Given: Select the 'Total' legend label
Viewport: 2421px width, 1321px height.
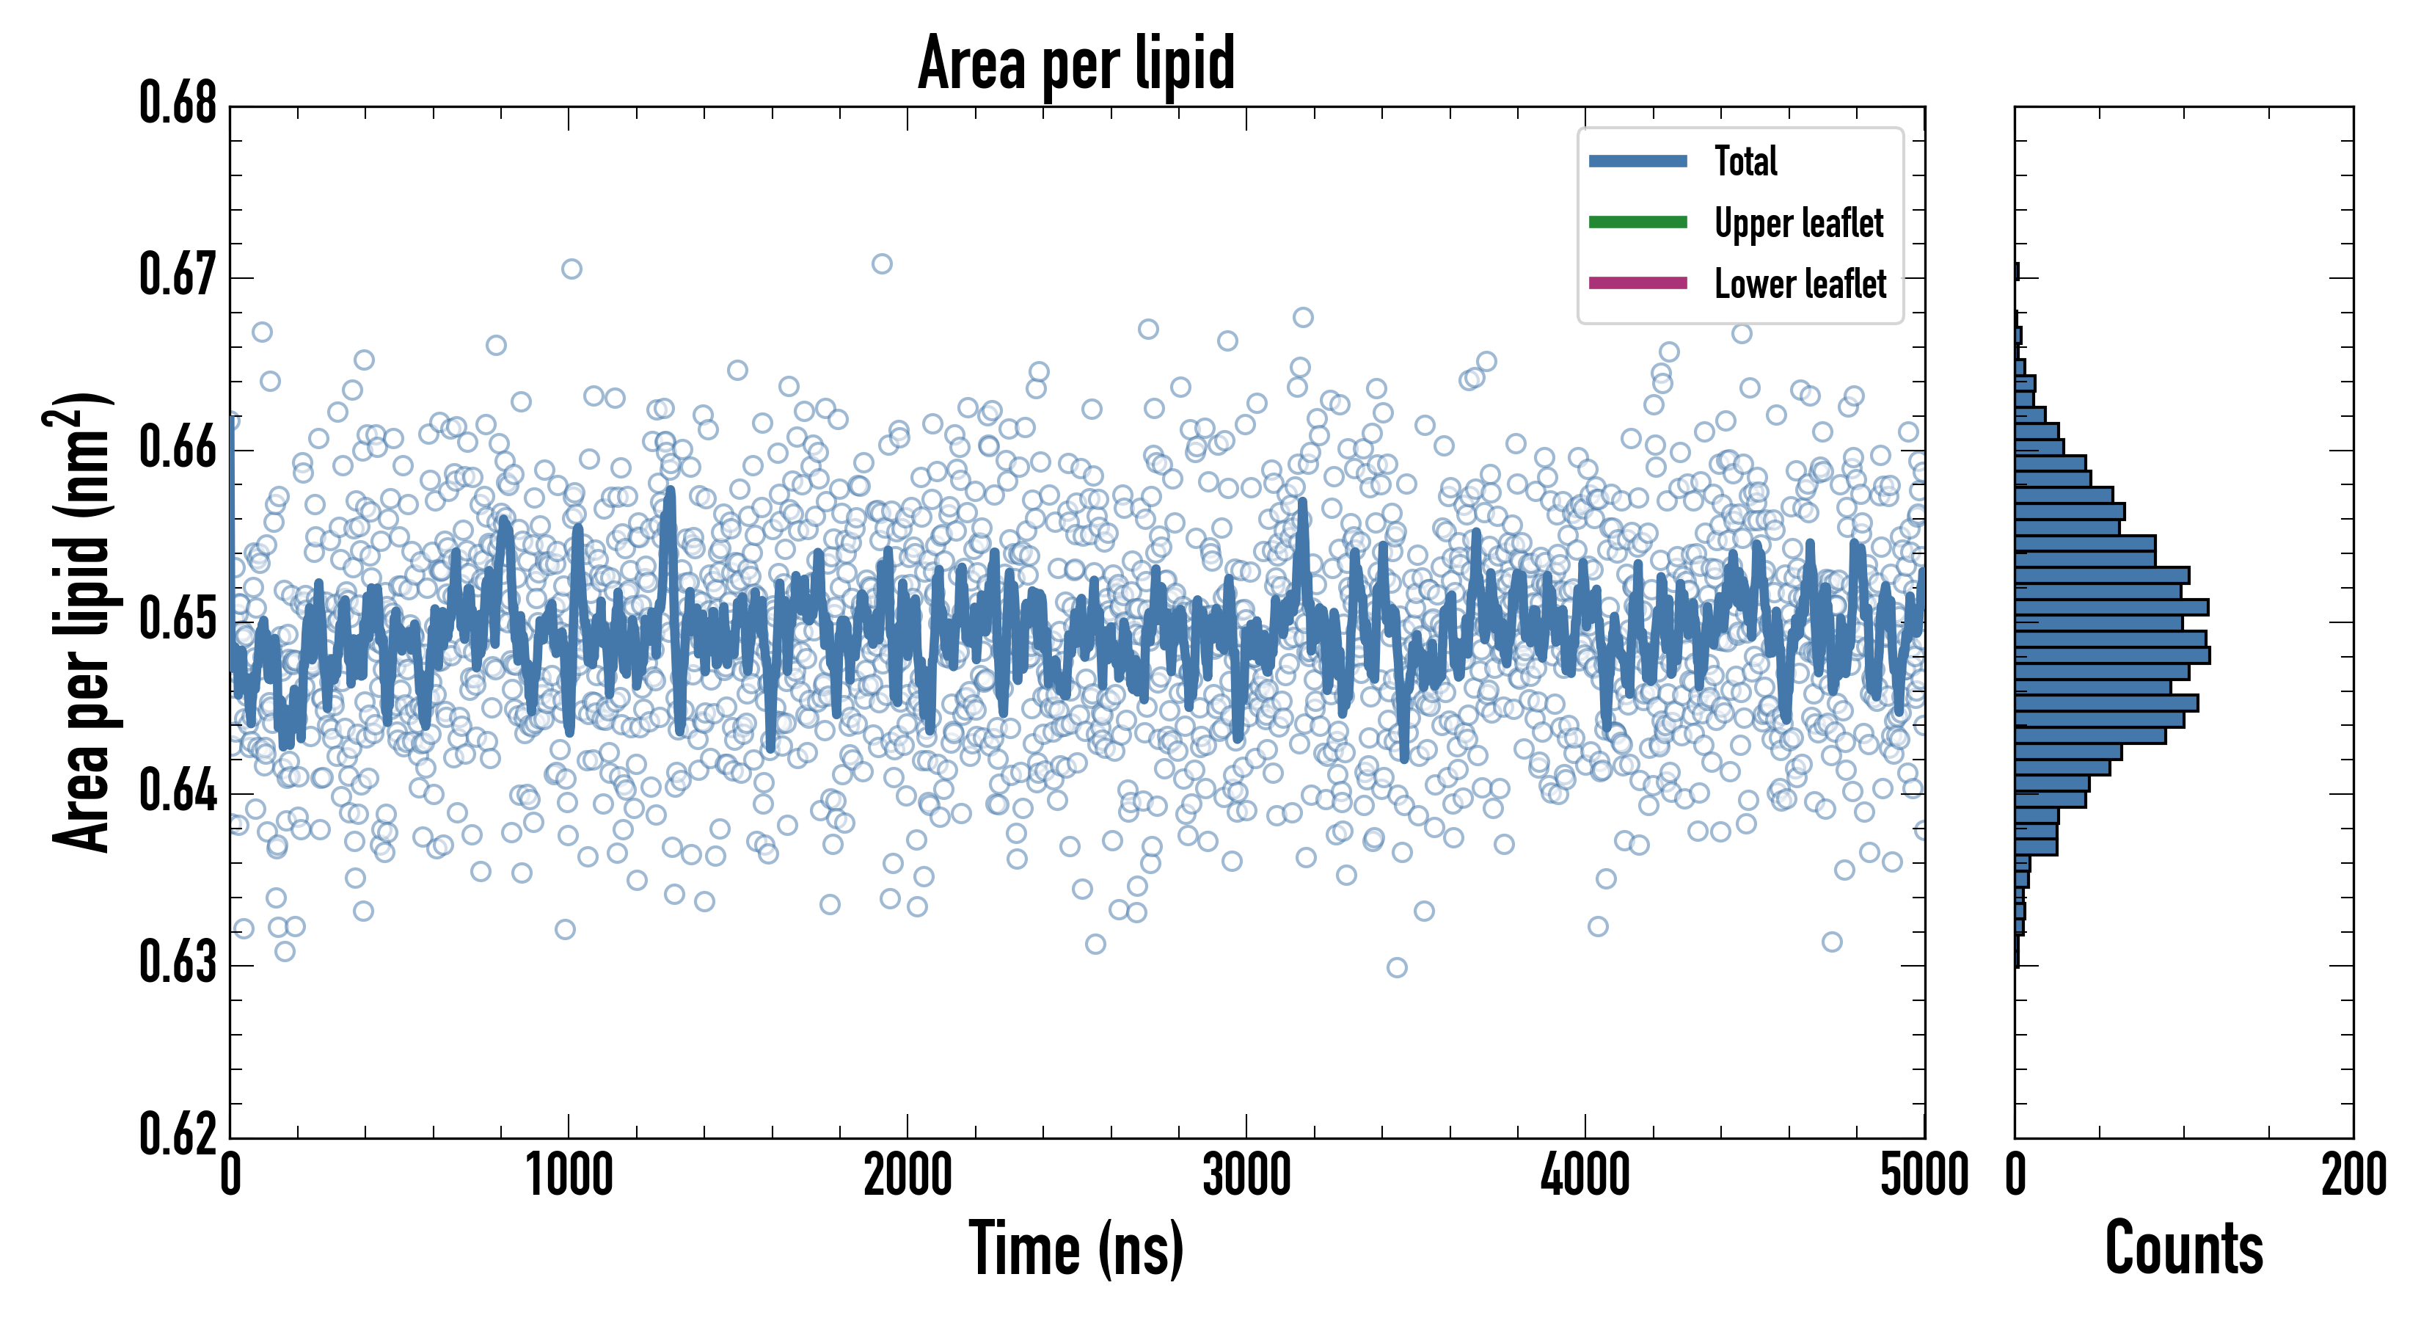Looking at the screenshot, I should (x=1745, y=161).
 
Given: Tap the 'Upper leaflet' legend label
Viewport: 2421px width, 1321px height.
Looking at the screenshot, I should (x=1798, y=223).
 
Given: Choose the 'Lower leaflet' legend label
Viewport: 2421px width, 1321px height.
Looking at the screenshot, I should (x=1800, y=284).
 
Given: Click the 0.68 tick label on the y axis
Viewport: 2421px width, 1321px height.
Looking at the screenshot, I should (x=178, y=103).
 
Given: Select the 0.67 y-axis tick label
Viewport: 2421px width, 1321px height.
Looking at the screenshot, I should (x=178, y=275).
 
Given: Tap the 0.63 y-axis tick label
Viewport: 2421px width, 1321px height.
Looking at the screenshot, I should (x=178, y=963).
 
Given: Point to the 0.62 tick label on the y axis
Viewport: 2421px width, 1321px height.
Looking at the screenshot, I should (x=178, y=1134).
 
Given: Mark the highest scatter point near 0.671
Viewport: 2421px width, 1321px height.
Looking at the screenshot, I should (x=882, y=264).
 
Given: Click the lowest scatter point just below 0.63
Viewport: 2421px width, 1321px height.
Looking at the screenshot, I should (x=1397, y=967).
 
